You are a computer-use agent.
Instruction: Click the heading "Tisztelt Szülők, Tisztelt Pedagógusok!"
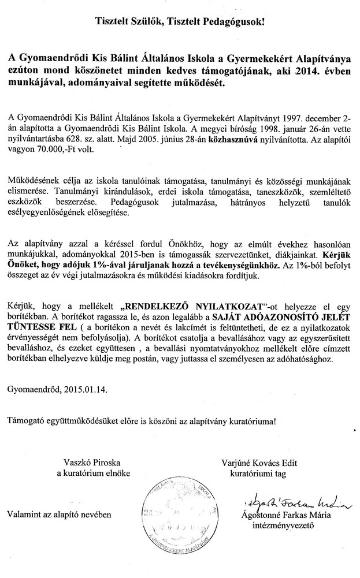(180, 23)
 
